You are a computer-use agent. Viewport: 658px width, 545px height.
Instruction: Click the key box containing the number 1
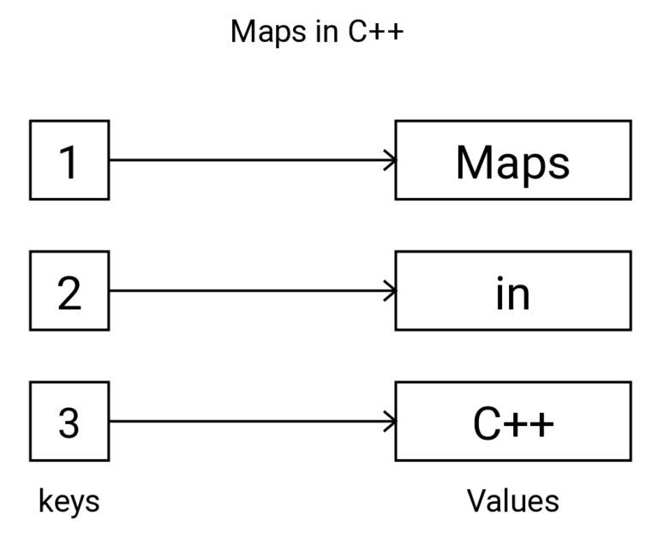(69, 160)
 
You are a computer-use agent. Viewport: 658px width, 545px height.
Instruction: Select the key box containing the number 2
(69, 290)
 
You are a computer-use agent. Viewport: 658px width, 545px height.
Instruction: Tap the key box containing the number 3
(69, 422)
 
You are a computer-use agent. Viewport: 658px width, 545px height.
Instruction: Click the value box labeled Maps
(512, 160)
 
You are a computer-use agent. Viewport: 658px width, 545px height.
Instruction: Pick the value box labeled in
(512, 290)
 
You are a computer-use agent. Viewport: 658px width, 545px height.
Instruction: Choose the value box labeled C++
(512, 422)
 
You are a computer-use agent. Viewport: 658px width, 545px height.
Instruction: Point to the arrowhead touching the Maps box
(391, 160)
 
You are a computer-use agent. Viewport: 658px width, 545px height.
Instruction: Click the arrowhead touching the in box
(391, 290)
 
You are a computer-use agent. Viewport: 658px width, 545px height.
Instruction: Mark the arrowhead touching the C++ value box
(391, 422)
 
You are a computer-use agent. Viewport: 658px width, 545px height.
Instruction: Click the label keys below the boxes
(69, 501)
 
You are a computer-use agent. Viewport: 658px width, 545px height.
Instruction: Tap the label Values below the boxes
(512, 501)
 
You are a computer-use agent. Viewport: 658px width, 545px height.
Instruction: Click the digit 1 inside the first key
(69, 161)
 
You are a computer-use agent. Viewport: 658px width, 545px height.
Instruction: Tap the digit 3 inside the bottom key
(69, 422)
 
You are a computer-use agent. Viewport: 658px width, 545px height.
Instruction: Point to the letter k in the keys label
(45, 501)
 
